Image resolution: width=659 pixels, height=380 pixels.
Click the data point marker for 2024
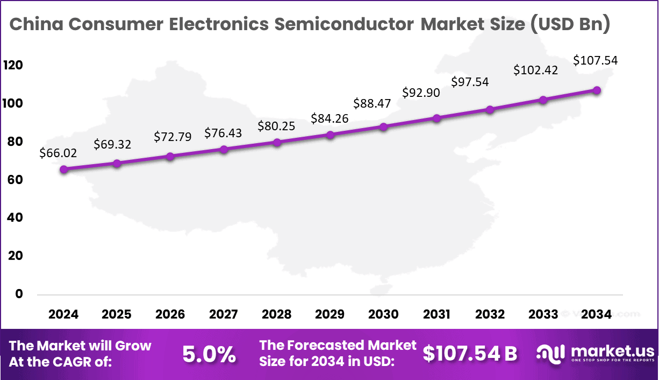click(64, 169)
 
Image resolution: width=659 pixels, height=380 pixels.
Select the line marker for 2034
click(597, 90)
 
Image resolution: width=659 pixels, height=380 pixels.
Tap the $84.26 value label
click(330, 118)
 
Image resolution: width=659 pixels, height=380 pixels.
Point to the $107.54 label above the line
click(596, 60)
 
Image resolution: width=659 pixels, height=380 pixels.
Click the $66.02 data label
click(58, 153)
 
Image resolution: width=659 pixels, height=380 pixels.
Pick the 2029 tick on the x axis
click(330, 314)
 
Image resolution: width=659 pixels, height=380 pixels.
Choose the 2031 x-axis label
click(436, 314)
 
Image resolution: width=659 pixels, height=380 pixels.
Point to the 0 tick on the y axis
click(19, 294)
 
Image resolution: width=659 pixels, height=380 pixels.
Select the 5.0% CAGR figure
click(209, 354)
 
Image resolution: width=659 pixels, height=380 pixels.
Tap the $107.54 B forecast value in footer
click(470, 354)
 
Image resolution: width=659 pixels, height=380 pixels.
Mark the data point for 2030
click(383, 127)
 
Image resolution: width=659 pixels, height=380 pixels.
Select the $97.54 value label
click(470, 82)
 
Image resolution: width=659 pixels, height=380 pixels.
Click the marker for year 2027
click(224, 149)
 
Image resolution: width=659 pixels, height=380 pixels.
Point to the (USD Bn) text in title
click(570, 25)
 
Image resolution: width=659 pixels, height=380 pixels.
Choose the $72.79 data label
click(172, 136)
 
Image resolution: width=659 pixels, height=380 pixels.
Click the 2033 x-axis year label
click(543, 314)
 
